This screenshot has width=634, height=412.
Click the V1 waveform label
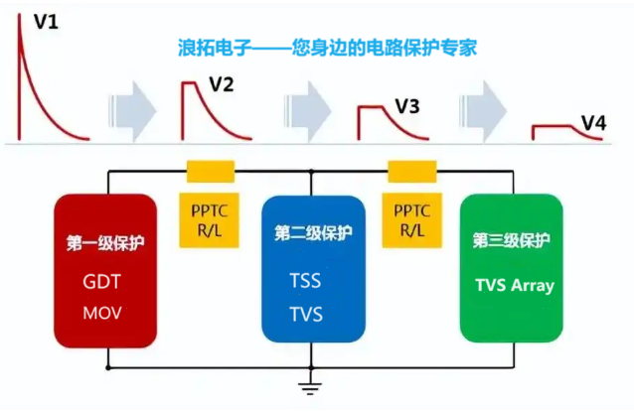(46, 20)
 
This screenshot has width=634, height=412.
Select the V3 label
(407, 105)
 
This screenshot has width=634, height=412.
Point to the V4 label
(593, 122)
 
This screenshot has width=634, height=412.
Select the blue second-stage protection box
(312, 269)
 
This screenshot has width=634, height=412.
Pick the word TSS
(306, 281)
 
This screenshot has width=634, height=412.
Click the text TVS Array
(514, 286)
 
